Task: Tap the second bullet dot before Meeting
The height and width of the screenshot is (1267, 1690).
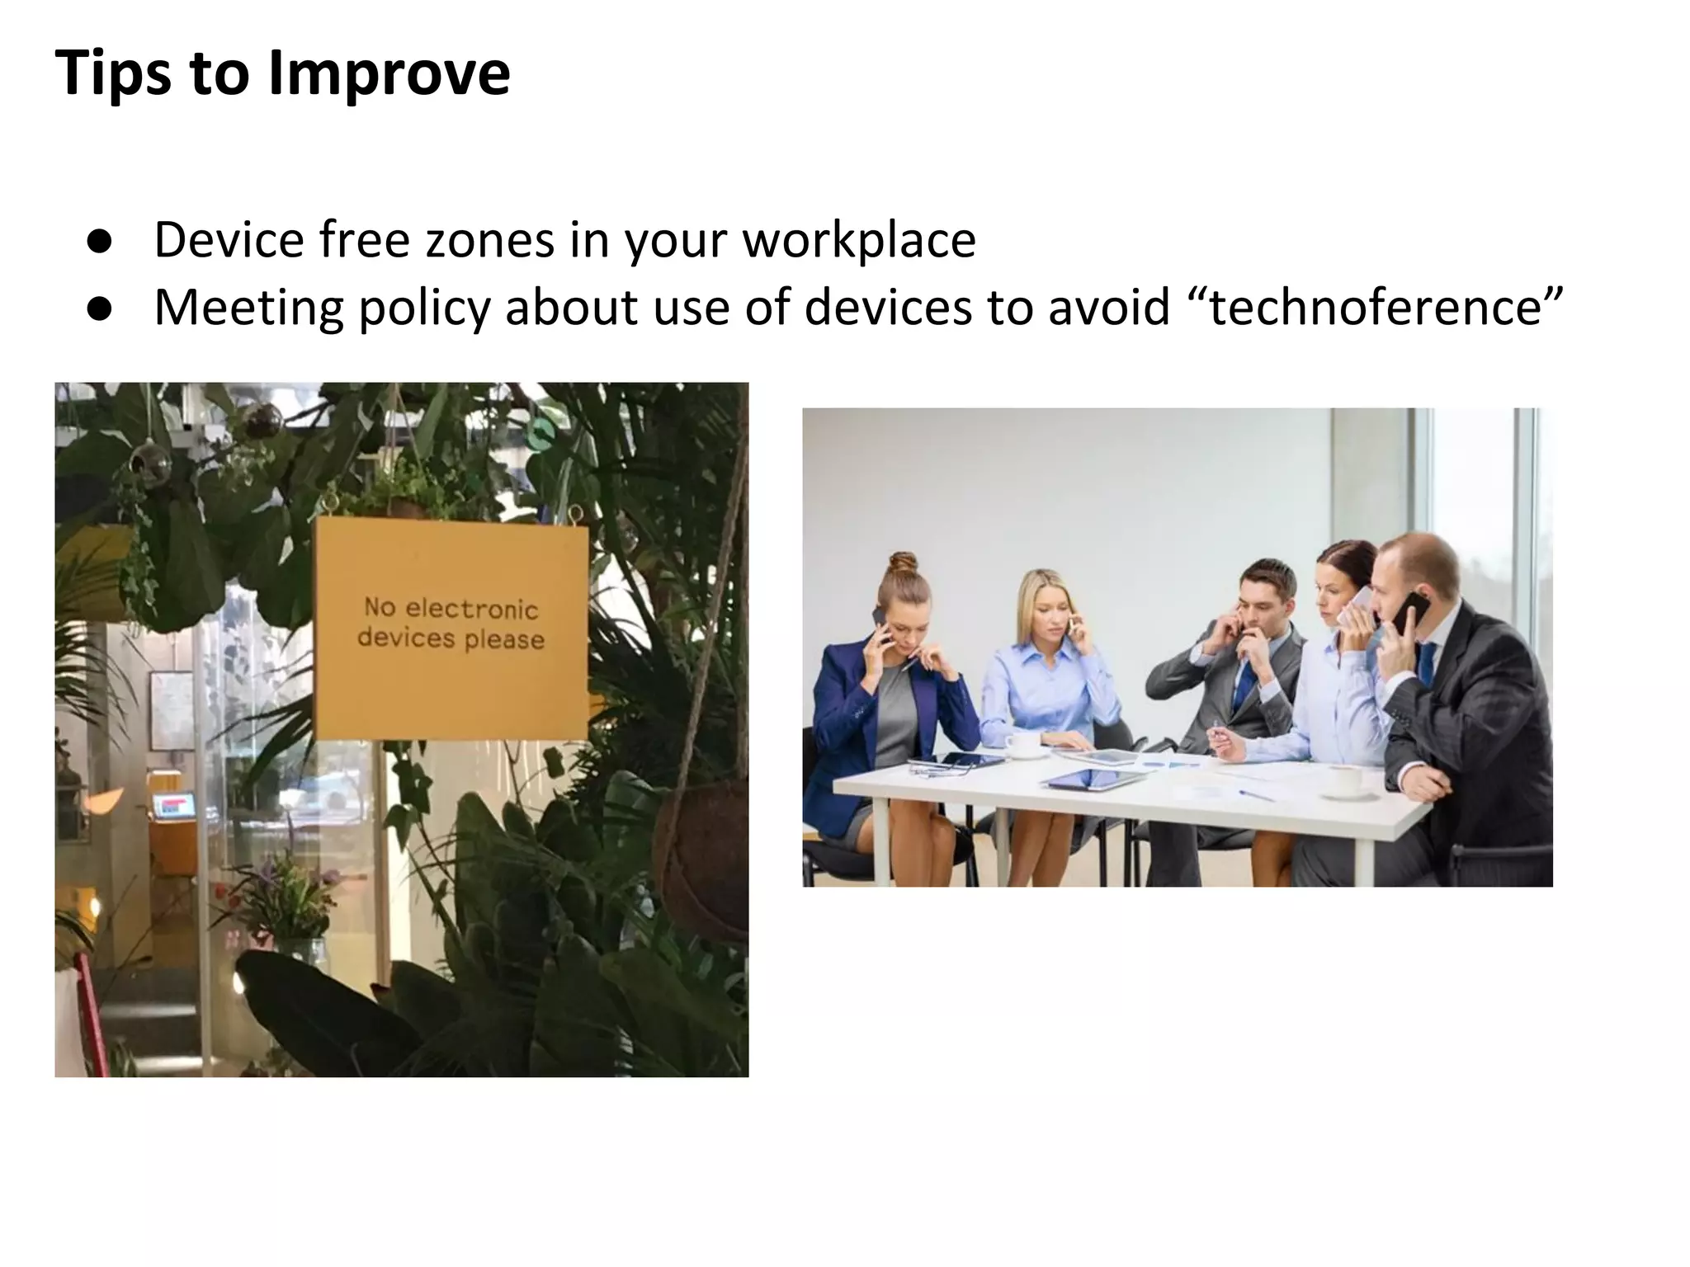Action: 98,310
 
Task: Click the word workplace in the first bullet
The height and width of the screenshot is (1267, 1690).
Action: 858,241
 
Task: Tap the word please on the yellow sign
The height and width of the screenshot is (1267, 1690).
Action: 504,640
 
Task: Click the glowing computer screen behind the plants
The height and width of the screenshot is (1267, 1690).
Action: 174,805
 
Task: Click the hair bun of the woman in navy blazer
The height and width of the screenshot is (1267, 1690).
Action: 903,564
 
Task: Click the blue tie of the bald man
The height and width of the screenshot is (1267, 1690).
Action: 1425,665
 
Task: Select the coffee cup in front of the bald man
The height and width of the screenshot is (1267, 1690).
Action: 1344,780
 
